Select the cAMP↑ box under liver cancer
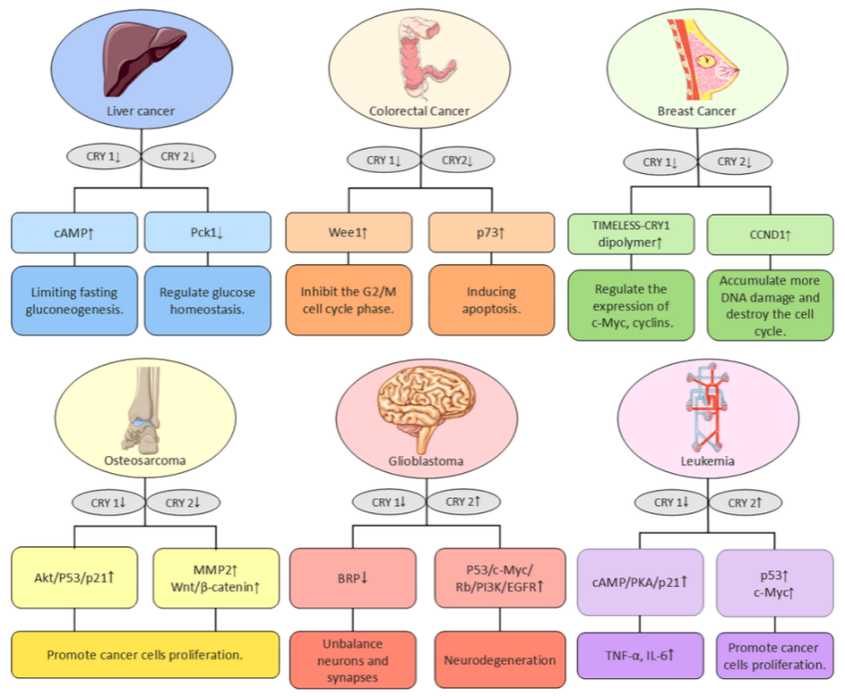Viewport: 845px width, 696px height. pyautogui.click(x=74, y=232)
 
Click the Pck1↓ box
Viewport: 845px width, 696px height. pyautogui.click(x=207, y=232)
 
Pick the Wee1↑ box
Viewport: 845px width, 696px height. pyautogui.click(x=349, y=232)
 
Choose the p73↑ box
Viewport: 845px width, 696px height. pyautogui.click(x=491, y=232)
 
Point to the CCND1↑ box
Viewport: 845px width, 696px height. pyautogui.click(x=770, y=235)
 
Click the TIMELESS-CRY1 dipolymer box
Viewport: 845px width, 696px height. pyautogui.click(x=631, y=234)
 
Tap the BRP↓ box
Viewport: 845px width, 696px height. pyautogui.click(x=353, y=578)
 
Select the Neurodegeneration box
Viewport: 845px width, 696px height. pyautogui.click(x=500, y=660)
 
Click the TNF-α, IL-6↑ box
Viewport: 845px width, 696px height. pyautogui.click(x=640, y=656)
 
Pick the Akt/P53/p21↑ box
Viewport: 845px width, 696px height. pyautogui.click(x=74, y=577)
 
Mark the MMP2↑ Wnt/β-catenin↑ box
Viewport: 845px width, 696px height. pyautogui.click(x=216, y=578)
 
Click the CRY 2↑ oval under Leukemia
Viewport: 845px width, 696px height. pyautogui.click(x=744, y=502)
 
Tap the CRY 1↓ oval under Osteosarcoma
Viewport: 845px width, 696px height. pyautogui.click(x=108, y=502)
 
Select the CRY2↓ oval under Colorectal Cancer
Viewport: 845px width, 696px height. pyautogui.click(x=457, y=160)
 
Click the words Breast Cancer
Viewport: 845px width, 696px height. pyautogui.click(x=696, y=111)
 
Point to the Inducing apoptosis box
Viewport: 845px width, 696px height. pyautogui.click(x=491, y=300)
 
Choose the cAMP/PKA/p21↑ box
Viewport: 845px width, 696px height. pyautogui.click(x=640, y=582)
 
